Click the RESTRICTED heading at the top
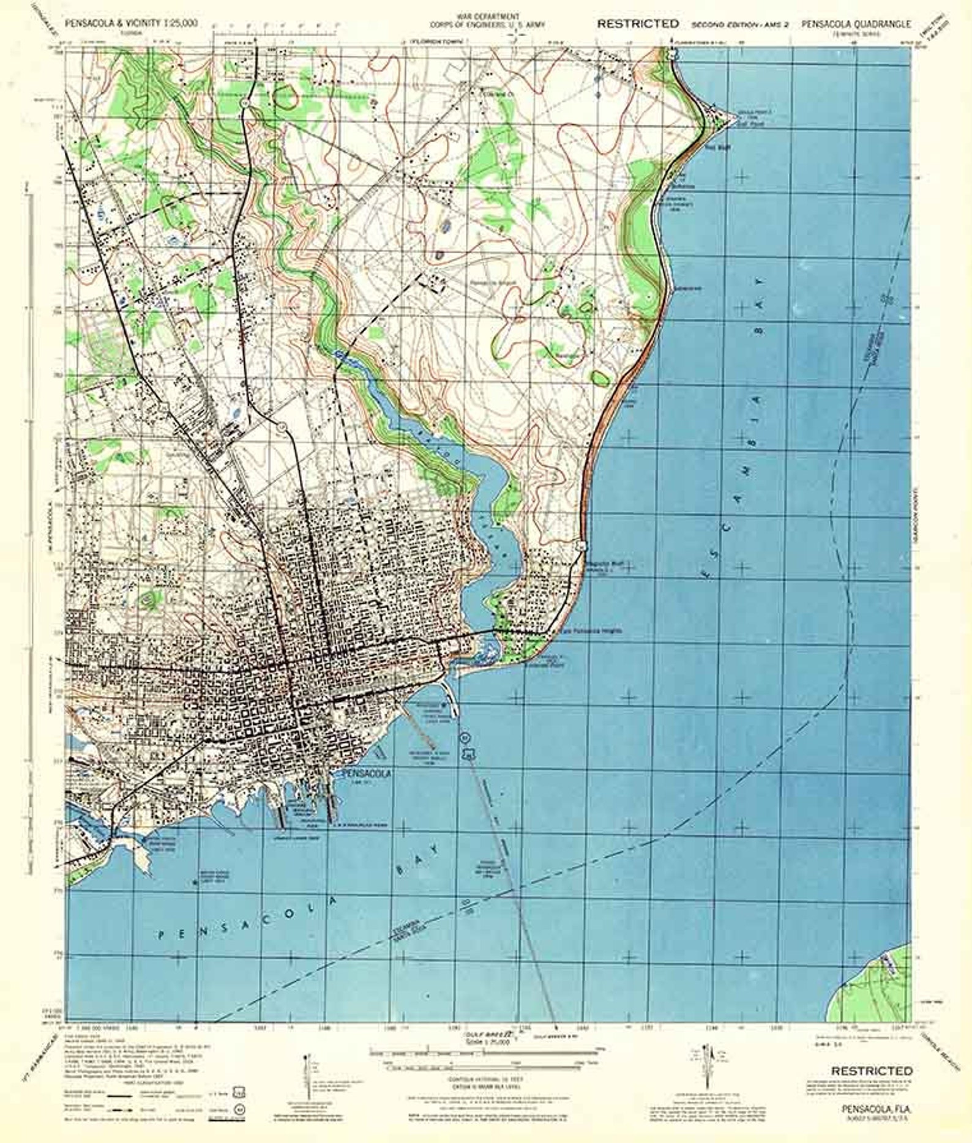click(x=638, y=24)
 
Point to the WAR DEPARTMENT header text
click(x=484, y=15)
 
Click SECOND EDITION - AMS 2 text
click(x=741, y=24)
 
